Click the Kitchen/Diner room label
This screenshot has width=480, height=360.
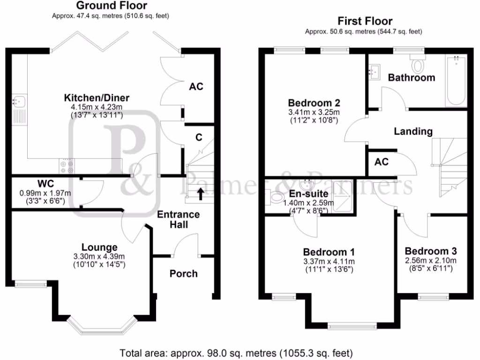(97, 98)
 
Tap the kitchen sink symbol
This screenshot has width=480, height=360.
(19, 100)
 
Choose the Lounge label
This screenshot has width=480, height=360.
(99, 247)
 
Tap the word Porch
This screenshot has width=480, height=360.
(184, 273)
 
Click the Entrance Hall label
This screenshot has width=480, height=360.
(178, 219)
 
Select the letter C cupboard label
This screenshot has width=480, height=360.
(199, 137)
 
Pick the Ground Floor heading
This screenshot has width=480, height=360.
(111, 6)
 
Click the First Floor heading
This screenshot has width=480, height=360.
(365, 21)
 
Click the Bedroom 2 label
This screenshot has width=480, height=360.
(314, 103)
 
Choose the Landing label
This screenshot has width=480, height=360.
(413, 132)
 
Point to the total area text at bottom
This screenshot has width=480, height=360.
(236, 352)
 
